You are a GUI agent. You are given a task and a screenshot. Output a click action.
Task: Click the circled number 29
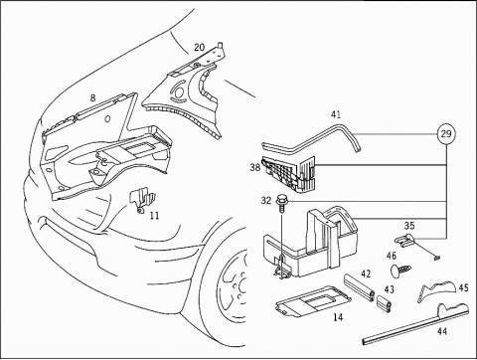pos(446,134)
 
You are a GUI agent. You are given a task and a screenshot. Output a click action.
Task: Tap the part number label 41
pos(336,115)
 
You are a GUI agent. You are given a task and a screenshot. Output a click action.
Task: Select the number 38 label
pos(255,167)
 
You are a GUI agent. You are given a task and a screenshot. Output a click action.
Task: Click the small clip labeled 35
pos(403,241)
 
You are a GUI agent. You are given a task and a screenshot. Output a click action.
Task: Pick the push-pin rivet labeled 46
pos(399,269)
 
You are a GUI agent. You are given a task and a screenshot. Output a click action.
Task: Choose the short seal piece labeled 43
pos(385,302)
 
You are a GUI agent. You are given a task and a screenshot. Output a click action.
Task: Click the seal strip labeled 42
pos(360,286)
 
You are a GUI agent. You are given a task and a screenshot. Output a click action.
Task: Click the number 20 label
pos(199,48)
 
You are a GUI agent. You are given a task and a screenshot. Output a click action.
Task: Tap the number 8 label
pos(92,97)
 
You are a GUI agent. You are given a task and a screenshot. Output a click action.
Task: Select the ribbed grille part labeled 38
pos(289,174)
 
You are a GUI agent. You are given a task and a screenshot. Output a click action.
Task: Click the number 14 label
pos(338,317)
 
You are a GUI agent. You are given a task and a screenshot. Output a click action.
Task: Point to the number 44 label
pos(442,331)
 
